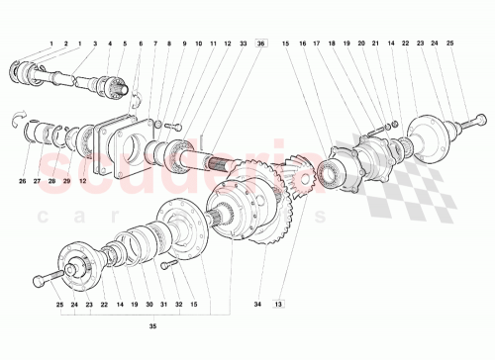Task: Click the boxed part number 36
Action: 260,45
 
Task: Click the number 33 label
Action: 243,45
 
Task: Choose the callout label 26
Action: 23,181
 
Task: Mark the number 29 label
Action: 66,181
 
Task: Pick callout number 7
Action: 155,45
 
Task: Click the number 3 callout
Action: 95,45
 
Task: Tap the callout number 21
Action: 375,45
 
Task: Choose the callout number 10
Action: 199,45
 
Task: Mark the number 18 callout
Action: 332,45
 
